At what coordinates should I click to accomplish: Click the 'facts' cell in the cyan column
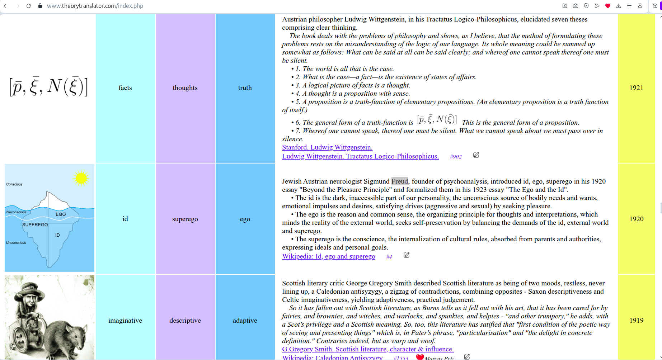point(125,88)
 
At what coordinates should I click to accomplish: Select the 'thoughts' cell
point(185,88)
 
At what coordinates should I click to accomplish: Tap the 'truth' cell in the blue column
point(245,88)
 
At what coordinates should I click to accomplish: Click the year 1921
point(636,88)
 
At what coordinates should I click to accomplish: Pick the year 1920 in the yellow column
point(636,219)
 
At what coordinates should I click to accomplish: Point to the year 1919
point(636,321)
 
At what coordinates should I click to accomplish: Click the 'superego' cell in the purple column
point(185,219)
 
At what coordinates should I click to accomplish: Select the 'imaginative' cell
point(125,321)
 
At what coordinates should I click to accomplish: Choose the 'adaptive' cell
point(245,321)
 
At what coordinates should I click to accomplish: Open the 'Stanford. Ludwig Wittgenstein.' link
point(327,147)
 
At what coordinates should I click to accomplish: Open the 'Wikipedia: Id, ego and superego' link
point(329,256)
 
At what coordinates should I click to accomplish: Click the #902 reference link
point(456,157)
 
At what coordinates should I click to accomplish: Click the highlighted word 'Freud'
point(399,181)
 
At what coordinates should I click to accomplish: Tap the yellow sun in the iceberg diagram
point(81,178)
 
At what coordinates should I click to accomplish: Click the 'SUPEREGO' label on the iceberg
point(35,225)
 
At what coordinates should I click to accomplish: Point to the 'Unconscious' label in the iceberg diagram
point(16,243)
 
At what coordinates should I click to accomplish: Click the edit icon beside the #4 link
point(407,255)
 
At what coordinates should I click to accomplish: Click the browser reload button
point(29,6)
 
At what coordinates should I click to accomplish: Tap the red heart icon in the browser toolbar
point(607,6)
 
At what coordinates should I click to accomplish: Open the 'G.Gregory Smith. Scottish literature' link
point(368,349)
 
